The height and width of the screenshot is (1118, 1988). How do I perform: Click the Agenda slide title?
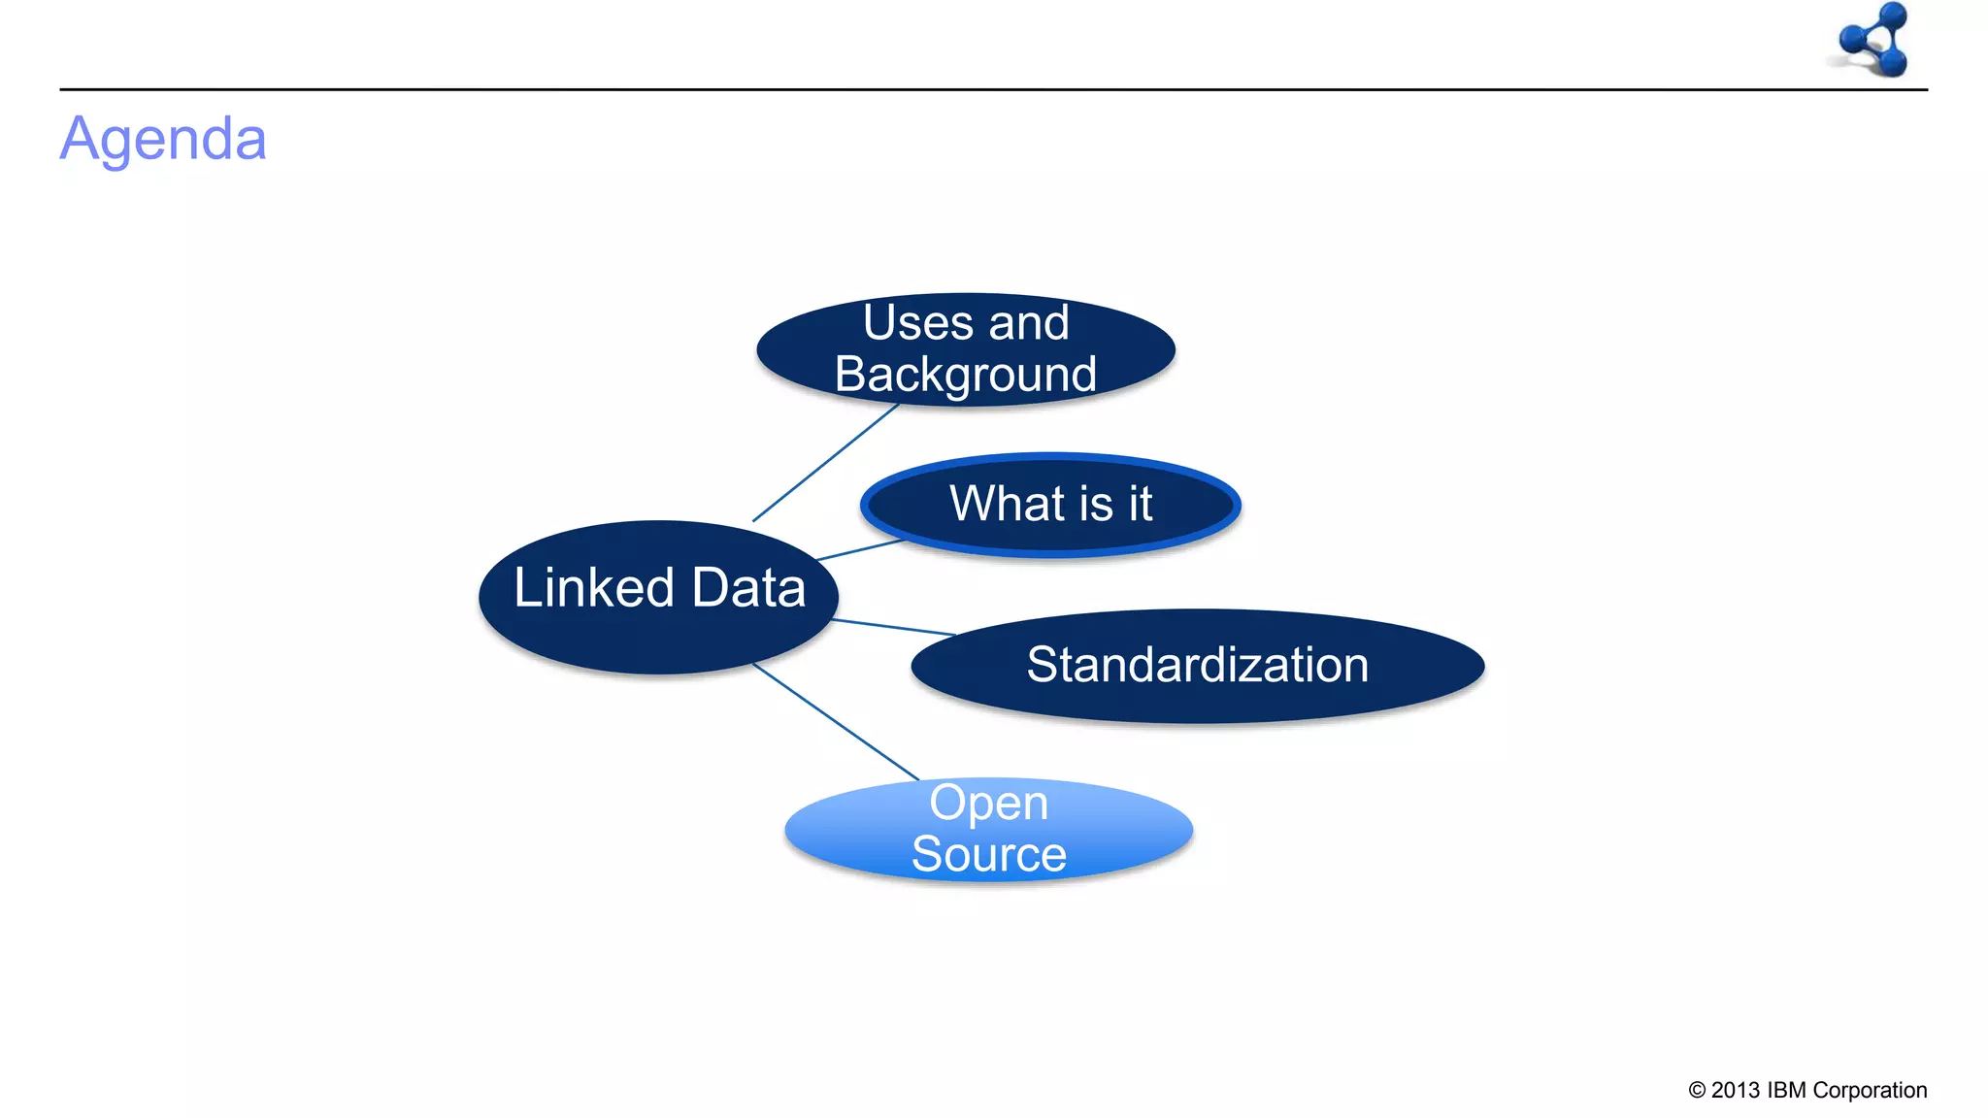pos(163,139)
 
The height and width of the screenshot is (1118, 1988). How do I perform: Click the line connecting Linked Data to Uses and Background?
pos(825,463)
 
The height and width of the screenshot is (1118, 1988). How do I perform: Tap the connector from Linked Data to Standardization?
pos(893,627)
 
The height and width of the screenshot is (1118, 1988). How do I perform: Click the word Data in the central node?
pos(748,588)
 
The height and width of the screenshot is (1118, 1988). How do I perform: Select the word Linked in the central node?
pos(594,588)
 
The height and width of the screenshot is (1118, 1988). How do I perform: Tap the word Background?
pos(966,375)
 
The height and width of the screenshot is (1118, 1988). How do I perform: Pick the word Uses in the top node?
pos(918,322)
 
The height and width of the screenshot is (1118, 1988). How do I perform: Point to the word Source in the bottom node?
pos(989,854)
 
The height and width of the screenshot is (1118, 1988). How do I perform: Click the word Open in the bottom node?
pos(989,803)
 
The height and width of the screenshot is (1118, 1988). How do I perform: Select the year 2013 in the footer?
pos(1736,1090)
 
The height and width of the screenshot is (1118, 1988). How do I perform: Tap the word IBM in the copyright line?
pos(1786,1090)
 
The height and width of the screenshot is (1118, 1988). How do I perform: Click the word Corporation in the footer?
pos(1870,1090)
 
